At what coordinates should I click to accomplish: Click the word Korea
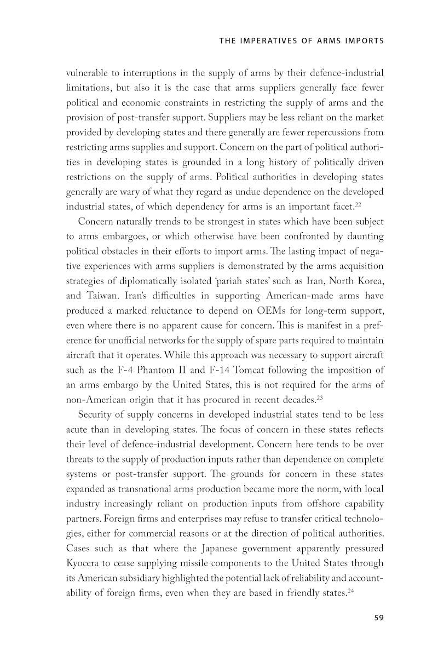(367, 281)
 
